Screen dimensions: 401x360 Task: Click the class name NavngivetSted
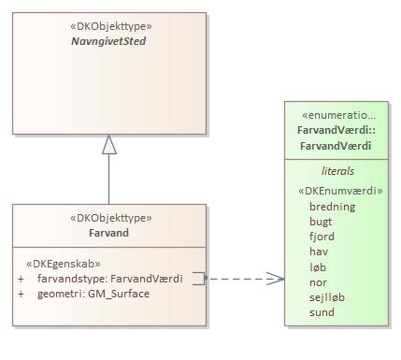pos(108,41)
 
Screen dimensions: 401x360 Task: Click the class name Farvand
pos(108,233)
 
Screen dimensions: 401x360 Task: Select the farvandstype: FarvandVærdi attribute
pos(110,279)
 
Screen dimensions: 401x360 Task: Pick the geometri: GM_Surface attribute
pos(93,294)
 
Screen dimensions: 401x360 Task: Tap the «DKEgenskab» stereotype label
pos(64,264)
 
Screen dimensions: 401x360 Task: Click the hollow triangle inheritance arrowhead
pos(109,145)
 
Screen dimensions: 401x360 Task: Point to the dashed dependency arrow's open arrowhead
pos(276,279)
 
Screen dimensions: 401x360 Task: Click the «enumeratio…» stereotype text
pos(338,115)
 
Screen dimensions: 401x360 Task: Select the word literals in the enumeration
pos(337,171)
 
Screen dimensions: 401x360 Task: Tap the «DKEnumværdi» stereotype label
pos(340,191)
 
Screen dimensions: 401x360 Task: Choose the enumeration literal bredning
pos(333,207)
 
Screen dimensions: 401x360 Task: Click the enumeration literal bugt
pos(321,222)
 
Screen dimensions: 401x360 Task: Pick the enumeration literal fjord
pos(322,237)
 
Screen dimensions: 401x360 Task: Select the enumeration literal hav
pos(319,252)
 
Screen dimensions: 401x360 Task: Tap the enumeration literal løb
pos(318,267)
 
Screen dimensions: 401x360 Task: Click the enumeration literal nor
pos(318,282)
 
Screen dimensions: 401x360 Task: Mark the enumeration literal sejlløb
pos(327,297)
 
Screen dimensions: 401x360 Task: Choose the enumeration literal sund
pos(322,312)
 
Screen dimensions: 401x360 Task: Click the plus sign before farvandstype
pos(21,279)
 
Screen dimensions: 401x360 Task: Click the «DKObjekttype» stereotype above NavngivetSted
pos(111,26)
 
